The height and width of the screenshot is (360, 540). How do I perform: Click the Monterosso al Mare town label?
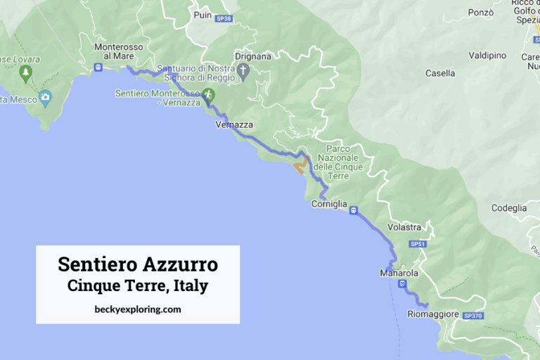tap(119, 51)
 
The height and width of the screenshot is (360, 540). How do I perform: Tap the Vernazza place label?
tap(233, 124)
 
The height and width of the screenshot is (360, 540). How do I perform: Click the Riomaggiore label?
tap(432, 314)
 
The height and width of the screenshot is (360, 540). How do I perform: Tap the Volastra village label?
tap(404, 227)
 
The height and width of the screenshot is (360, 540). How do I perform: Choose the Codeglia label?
tap(509, 208)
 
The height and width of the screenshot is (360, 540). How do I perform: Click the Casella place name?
tap(440, 73)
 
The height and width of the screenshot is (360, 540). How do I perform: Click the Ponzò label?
tap(481, 13)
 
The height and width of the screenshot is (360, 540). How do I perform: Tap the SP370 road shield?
tap(473, 316)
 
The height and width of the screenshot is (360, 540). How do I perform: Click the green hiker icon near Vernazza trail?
tap(207, 94)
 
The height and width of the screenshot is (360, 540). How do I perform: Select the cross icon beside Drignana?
tap(243, 71)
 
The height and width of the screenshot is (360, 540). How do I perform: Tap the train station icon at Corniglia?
tap(353, 210)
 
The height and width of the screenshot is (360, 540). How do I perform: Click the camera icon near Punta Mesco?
tap(46, 97)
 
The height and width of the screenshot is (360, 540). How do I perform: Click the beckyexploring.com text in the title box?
tap(137, 309)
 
